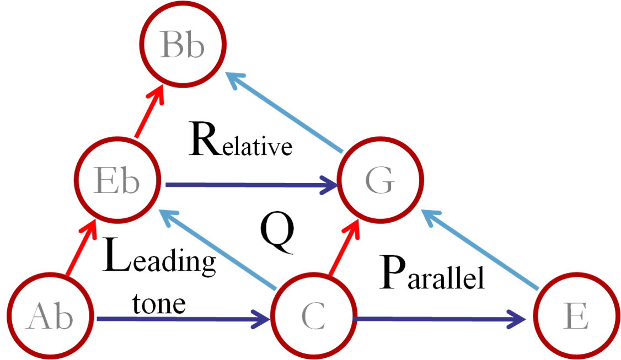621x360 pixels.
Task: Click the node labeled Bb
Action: pos(183,45)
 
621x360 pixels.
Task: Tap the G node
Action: pos(381,180)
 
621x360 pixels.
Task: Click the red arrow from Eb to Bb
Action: pos(148,113)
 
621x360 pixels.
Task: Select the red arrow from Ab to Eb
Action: pos(81,248)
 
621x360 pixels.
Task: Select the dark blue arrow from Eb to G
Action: pos(248,185)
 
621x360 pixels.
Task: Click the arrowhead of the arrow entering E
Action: pos(518,319)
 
